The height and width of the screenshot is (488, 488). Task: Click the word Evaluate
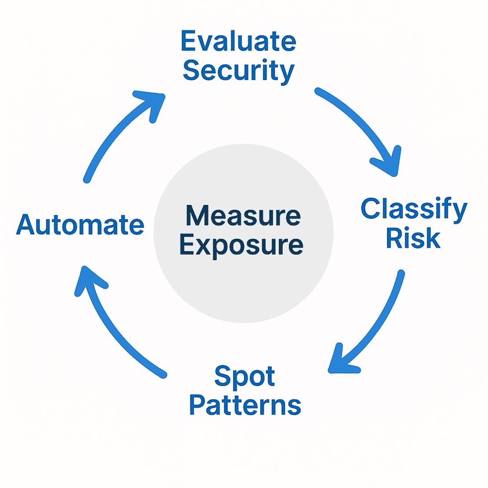[238, 42]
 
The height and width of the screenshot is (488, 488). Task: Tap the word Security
[238, 71]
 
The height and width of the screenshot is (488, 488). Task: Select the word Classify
[414, 209]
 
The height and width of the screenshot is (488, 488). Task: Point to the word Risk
[413, 238]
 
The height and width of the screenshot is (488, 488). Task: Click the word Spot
[244, 377]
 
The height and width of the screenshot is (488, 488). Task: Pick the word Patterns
[245, 405]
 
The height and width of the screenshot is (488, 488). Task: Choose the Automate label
[80, 225]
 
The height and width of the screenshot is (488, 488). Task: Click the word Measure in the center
[243, 215]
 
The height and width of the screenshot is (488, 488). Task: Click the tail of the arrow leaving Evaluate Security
[318, 91]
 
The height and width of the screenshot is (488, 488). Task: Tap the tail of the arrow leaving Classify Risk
[401, 273]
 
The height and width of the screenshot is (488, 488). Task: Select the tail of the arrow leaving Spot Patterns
[164, 375]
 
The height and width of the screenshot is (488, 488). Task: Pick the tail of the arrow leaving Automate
[87, 179]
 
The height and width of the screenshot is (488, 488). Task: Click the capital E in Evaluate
[188, 42]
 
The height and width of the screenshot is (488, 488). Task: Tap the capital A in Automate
[25, 225]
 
